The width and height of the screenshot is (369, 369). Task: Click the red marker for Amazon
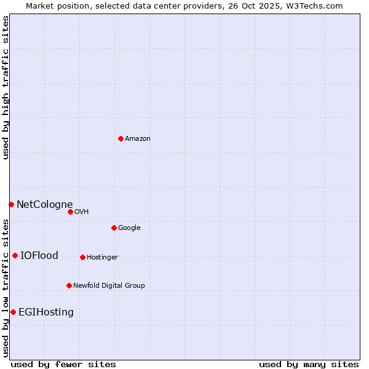tap(121, 138)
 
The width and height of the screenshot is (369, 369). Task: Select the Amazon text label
tap(138, 139)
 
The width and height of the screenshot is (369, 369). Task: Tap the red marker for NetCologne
tap(11, 204)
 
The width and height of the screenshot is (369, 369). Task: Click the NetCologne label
tap(44, 205)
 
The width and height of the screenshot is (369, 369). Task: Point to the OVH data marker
tap(70, 212)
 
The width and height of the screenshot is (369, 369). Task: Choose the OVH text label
tap(82, 212)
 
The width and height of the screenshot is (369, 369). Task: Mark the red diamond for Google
tap(114, 228)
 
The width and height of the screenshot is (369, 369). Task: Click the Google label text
tap(129, 228)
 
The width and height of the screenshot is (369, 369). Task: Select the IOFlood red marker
tap(15, 255)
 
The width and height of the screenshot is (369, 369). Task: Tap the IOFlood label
tap(39, 256)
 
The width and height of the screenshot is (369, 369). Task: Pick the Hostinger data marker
tap(82, 257)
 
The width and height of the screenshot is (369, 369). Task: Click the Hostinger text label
tap(102, 258)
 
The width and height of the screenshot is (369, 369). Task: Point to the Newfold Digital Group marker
tap(69, 285)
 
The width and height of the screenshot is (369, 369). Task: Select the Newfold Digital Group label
tap(109, 286)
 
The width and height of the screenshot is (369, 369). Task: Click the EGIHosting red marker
tap(13, 312)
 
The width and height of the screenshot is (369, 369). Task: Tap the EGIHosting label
tap(46, 312)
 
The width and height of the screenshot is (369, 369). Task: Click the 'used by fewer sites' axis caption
tap(63, 364)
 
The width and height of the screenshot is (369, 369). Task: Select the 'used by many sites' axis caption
tap(309, 364)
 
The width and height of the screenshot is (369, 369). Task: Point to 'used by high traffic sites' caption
tap(6, 87)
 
